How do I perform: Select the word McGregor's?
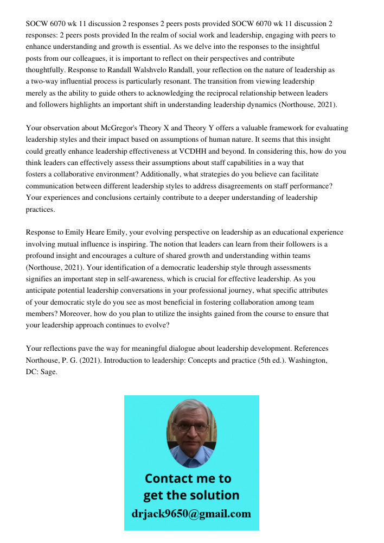click(x=119, y=128)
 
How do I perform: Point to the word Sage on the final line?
click(x=47, y=372)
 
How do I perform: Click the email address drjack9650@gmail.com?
click(x=191, y=514)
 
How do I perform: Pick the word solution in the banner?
click(x=214, y=495)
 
